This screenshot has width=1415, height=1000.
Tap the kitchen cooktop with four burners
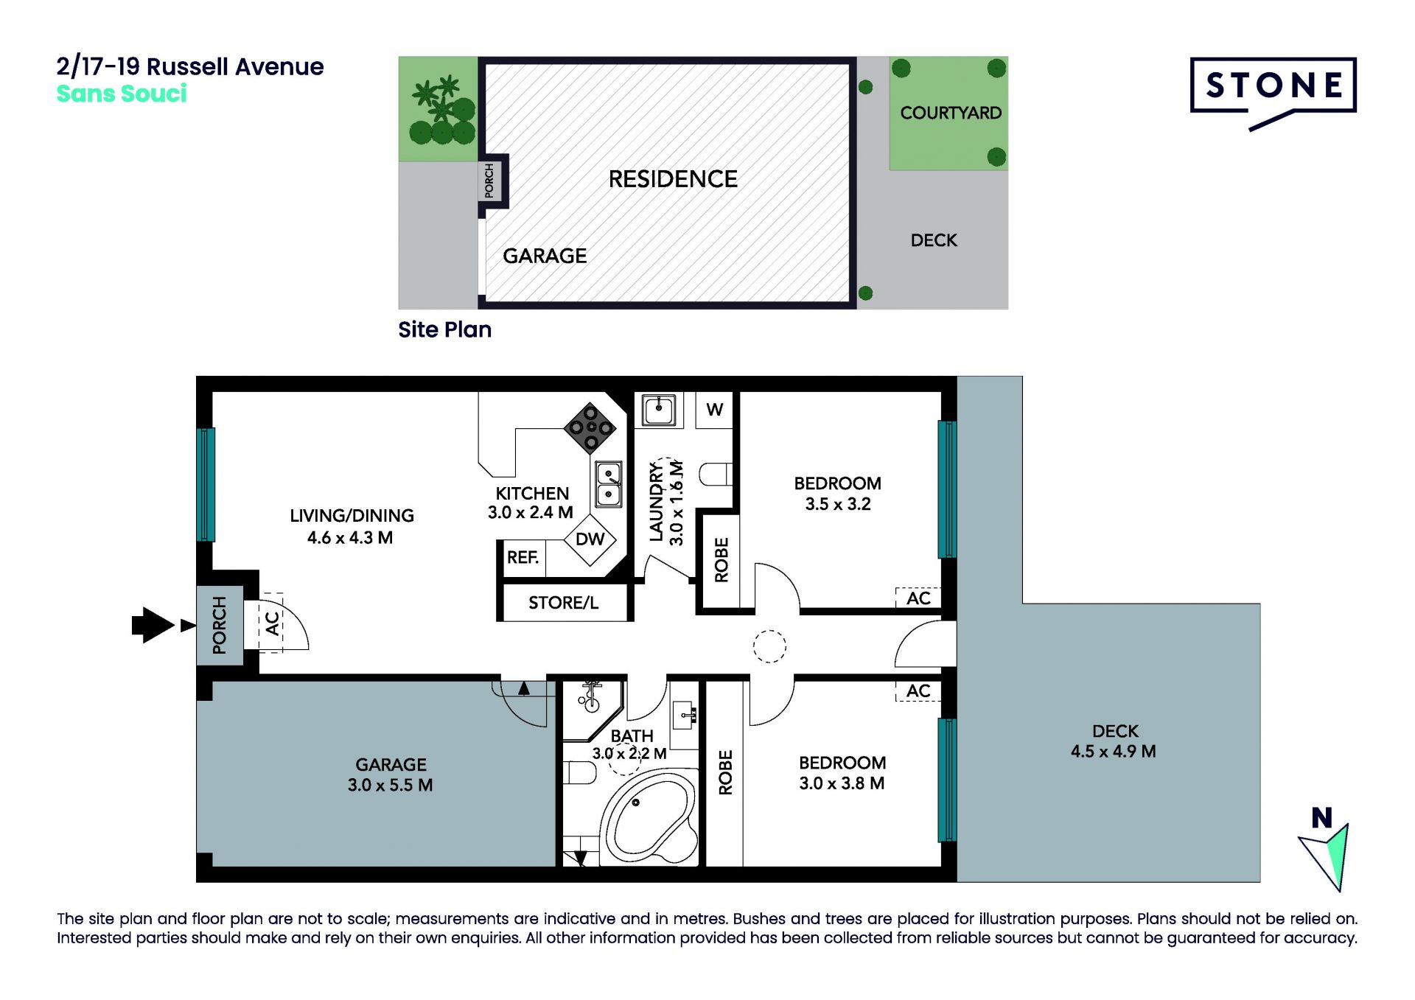[590, 427]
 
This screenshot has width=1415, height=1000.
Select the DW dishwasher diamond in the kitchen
[590, 539]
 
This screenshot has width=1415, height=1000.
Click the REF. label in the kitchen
[523, 557]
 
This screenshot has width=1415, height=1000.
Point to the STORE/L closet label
[563, 603]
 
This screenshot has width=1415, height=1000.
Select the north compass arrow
[1327, 855]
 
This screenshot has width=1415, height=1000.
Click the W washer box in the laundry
[714, 410]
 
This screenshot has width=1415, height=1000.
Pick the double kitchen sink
[609, 483]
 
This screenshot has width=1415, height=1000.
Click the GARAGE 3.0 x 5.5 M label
[391, 775]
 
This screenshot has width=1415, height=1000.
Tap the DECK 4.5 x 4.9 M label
[1114, 741]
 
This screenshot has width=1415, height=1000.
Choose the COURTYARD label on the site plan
[951, 113]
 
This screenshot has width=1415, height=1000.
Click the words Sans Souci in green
[122, 94]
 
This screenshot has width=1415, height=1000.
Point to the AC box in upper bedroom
[918, 598]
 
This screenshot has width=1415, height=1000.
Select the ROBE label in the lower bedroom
[725, 772]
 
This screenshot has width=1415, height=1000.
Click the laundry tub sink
[659, 410]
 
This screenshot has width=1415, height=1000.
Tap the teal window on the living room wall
[206, 484]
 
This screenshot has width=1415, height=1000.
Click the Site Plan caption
[444, 329]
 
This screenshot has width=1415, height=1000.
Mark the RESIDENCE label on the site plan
[673, 179]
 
